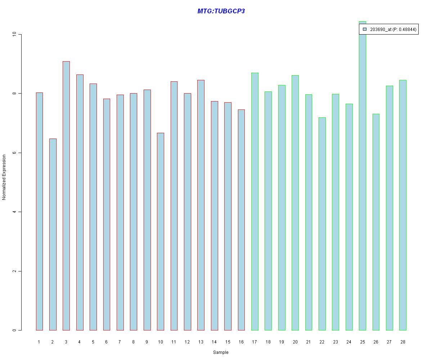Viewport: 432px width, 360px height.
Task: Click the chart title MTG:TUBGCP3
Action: [221, 11]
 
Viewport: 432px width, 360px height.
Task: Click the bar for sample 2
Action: [53, 234]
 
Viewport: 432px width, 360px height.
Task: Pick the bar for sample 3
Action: [66, 196]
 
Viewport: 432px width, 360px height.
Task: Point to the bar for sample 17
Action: [255, 202]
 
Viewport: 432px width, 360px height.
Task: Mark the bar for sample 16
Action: [241, 220]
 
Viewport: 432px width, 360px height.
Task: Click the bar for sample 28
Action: [402, 205]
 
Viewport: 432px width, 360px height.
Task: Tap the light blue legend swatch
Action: [364, 30]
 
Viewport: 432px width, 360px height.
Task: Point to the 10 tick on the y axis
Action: [14, 34]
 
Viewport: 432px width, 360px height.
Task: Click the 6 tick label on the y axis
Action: [14, 153]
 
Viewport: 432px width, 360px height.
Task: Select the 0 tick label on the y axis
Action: [14, 330]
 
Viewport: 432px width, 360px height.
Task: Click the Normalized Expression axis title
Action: [4, 177]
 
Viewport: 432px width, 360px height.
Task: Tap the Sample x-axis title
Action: [221, 352]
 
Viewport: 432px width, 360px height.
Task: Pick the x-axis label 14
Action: [214, 342]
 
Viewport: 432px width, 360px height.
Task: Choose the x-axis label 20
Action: [295, 342]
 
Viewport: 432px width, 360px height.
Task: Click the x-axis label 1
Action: [39, 342]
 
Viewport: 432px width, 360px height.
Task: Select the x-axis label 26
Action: [376, 342]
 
